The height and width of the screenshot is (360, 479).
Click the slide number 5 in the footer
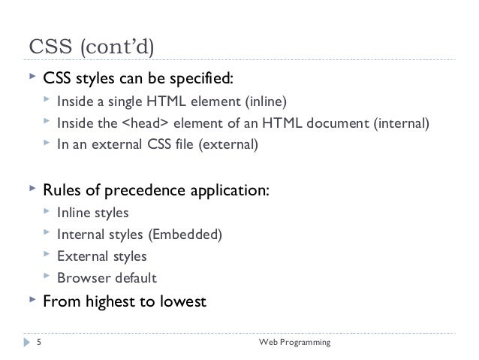pos(38,343)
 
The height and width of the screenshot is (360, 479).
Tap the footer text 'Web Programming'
pos(294,343)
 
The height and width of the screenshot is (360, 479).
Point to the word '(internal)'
pos(402,123)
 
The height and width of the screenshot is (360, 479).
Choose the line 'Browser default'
pos(107,278)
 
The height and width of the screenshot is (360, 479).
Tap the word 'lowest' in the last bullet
pos(180,303)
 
